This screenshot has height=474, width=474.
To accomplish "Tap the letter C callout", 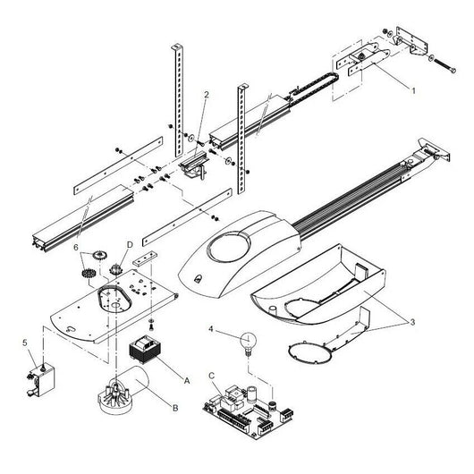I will (x=210, y=377).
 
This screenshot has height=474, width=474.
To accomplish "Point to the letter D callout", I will (x=130, y=243).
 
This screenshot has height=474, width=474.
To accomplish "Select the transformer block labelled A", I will (x=147, y=350).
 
